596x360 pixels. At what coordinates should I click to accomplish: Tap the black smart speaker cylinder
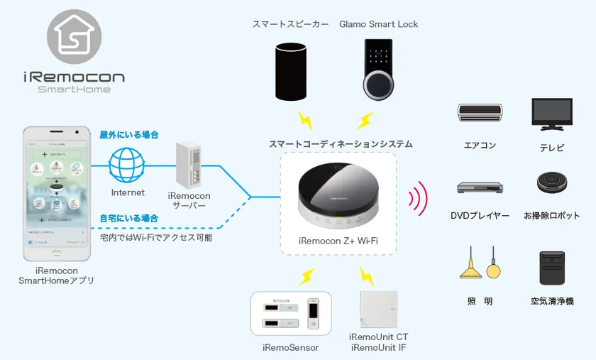294,73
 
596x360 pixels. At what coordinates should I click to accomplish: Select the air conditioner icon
480,111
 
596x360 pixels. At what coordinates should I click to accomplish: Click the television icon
552,114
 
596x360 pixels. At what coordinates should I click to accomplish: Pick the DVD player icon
480,188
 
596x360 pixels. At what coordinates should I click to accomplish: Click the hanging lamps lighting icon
480,263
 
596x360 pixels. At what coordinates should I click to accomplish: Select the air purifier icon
552,268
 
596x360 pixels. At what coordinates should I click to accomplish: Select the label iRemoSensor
291,347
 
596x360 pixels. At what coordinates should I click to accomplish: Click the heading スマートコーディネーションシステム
341,143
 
